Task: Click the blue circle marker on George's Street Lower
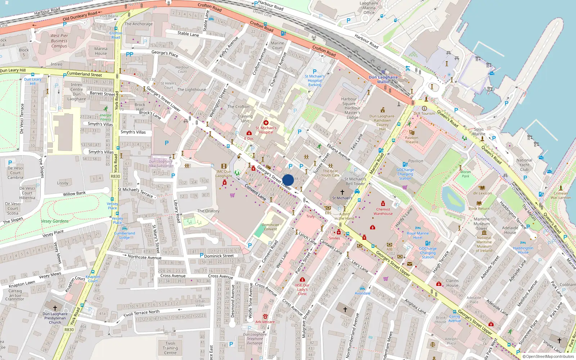click(x=288, y=180)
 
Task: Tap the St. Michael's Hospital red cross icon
click(x=266, y=123)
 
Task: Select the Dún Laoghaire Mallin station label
click(x=383, y=80)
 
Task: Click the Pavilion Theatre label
click(x=411, y=140)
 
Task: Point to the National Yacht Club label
click(x=524, y=165)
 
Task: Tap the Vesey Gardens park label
click(x=55, y=221)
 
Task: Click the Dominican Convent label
click(x=270, y=227)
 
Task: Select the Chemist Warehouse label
click(x=383, y=211)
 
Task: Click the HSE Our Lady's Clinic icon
click(x=302, y=279)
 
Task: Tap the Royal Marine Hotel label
click(x=418, y=235)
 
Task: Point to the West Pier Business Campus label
click(x=59, y=41)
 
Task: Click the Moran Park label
click(x=465, y=174)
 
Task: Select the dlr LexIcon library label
click(x=482, y=193)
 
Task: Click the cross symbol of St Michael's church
click(x=342, y=192)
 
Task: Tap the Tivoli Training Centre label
click(x=170, y=348)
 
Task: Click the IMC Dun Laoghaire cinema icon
click(x=224, y=166)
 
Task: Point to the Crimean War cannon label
click(x=561, y=195)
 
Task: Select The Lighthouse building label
click(x=192, y=90)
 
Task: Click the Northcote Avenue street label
click(x=144, y=257)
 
